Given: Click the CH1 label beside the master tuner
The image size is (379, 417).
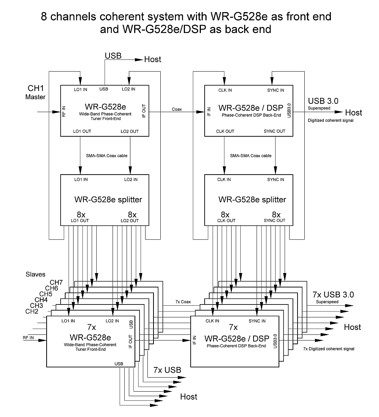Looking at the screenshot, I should coord(35,88).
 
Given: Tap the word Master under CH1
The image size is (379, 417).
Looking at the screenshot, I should coord(35,97).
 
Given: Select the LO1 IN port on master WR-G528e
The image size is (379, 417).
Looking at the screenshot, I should coord(80,89).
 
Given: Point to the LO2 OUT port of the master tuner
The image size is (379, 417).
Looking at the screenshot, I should coord(130,131).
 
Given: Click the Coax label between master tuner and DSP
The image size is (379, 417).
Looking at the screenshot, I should coord(177,109).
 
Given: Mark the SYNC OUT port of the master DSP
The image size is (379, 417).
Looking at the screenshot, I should coord(274,131).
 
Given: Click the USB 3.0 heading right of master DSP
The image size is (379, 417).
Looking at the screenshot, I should coord(323,101).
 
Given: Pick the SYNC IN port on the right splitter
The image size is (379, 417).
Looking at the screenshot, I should coord(276,180).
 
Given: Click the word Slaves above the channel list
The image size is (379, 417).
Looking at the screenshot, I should coord(36,274).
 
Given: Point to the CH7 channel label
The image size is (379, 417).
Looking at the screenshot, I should coord(56,283).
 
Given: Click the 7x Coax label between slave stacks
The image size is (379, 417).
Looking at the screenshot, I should coord(183,302).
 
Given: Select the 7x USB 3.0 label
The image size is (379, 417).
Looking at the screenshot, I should coord(333,294).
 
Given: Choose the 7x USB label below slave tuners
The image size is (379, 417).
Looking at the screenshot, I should coord(167,370).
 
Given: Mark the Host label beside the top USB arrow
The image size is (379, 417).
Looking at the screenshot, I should coord(153,59).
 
